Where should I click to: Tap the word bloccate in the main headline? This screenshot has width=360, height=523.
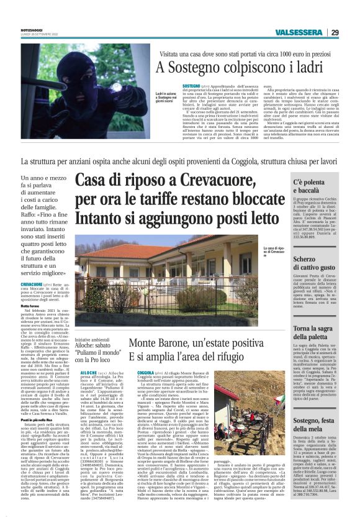[x=249, y=201]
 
